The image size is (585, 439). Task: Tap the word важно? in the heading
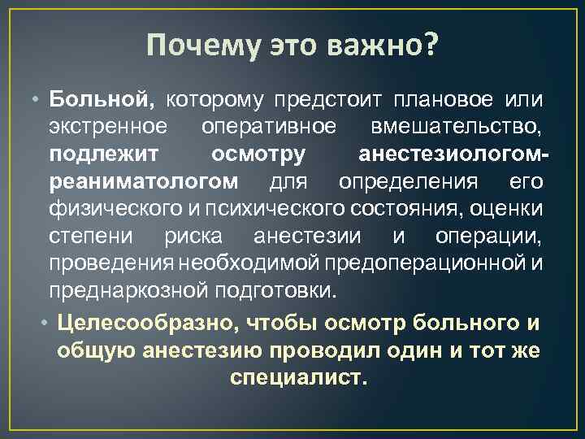point(382,47)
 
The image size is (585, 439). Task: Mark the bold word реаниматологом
point(144,181)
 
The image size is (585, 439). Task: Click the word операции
point(488,237)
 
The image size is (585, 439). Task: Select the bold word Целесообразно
point(146,323)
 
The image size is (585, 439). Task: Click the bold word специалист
point(299,378)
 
